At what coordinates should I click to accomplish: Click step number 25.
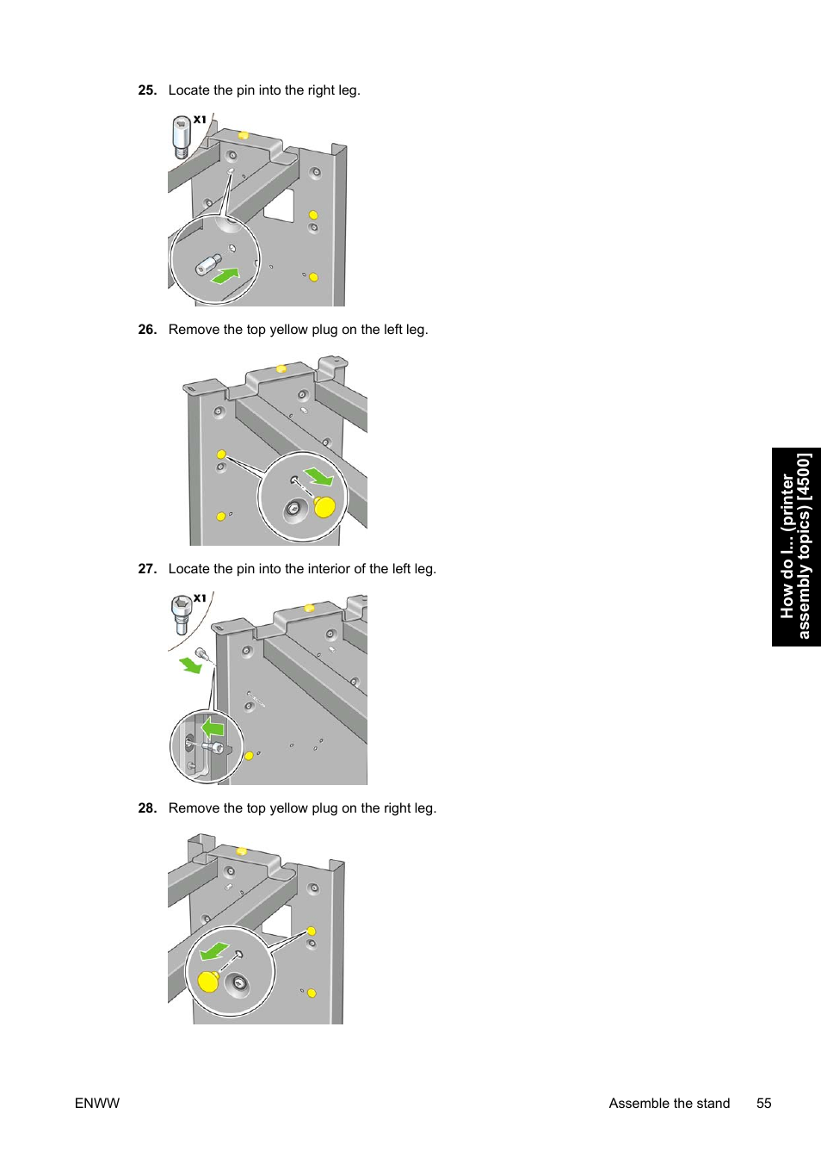click(147, 90)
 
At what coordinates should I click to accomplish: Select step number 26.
click(147, 330)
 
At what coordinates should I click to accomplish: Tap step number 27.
click(147, 569)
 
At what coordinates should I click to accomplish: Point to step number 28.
click(147, 808)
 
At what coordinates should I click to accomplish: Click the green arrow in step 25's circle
click(225, 275)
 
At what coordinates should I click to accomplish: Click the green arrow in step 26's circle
click(318, 475)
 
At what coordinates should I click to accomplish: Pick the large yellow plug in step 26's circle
click(324, 507)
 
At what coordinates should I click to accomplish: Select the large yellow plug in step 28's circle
click(208, 981)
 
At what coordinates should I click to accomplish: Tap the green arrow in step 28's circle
click(213, 951)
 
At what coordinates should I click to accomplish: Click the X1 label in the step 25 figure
click(200, 120)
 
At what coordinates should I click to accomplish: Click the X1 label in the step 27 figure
click(200, 597)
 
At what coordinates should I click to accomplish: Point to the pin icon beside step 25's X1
click(181, 138)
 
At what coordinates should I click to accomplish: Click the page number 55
click(763, 1104)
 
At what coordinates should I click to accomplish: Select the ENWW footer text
click(97, 1104)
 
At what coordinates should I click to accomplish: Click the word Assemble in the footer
click(639, 1104)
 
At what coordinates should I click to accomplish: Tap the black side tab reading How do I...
click(796, 547)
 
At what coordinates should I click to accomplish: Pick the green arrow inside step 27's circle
click(212, 728)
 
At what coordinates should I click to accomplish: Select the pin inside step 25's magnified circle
click(207, 263)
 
